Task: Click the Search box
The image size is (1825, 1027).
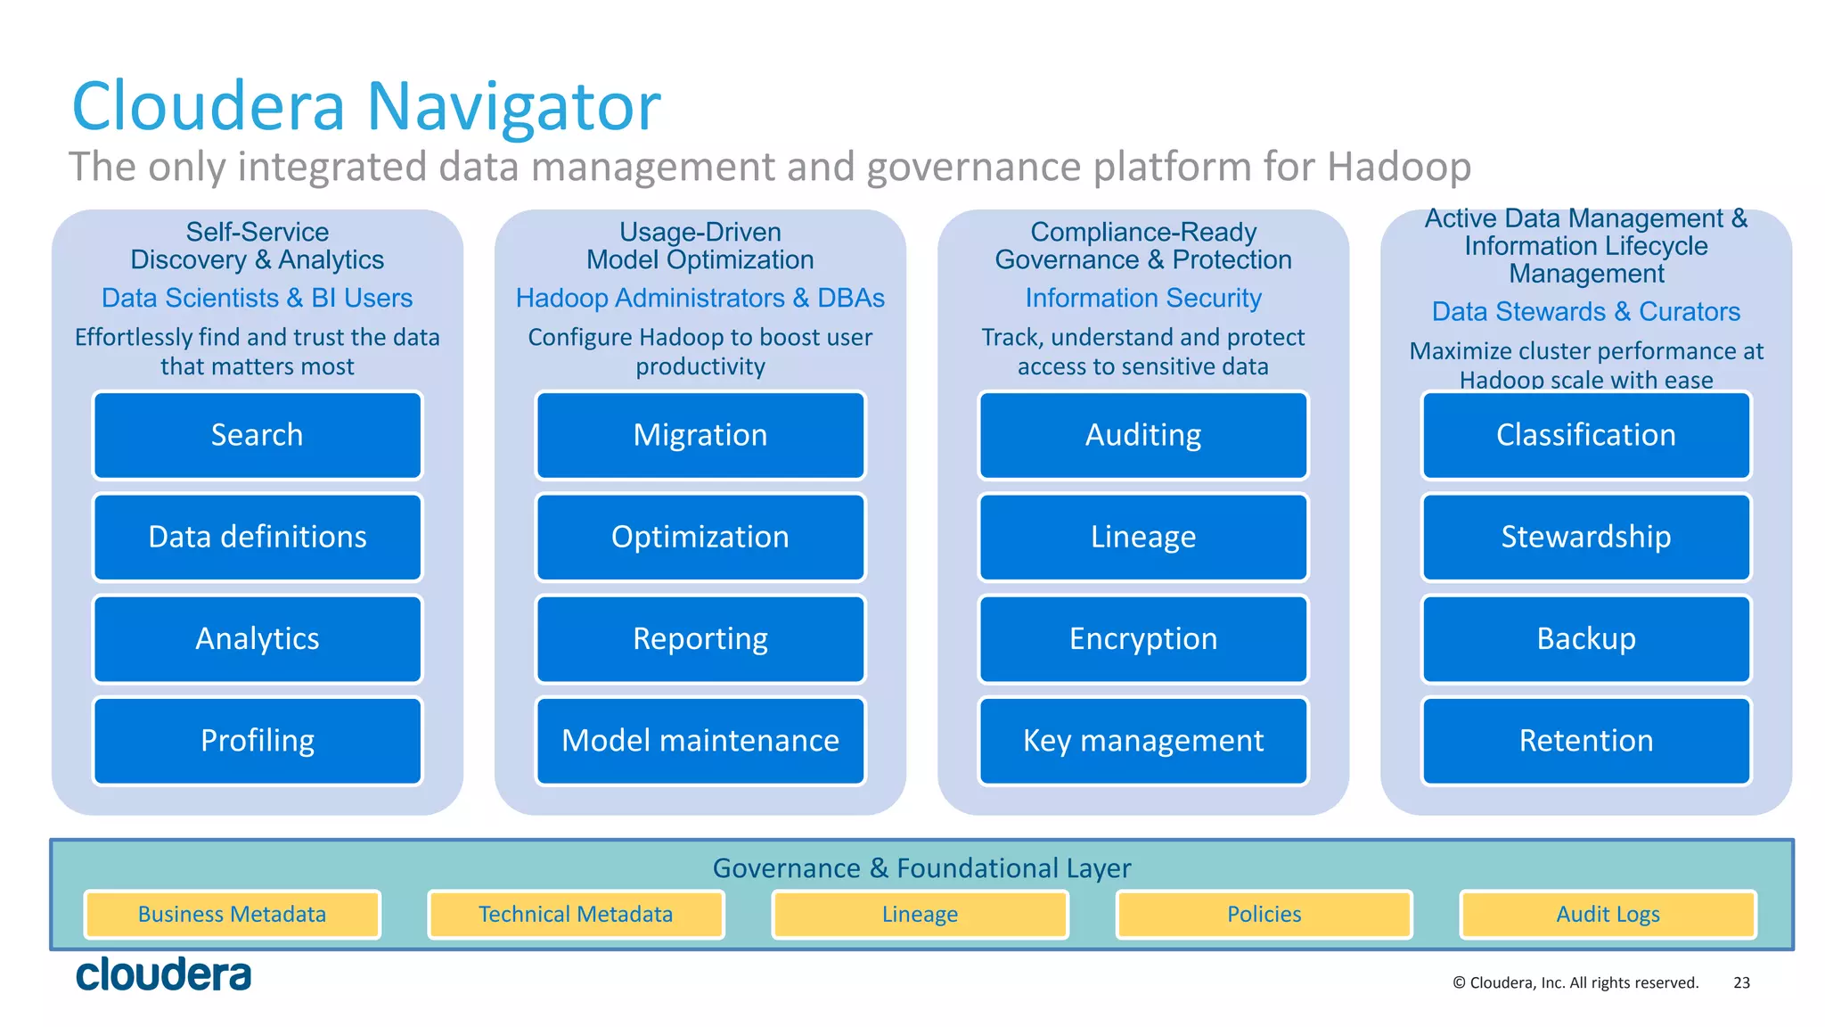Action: point(257,435)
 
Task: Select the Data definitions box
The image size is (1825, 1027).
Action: point(257,537)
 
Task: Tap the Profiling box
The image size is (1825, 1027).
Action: point(257,741)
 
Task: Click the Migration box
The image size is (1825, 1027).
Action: point(700,435)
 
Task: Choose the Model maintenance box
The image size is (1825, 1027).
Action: point(700,741)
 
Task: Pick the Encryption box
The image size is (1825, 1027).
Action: point(1142,638)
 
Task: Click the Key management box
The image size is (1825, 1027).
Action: point(1142,741)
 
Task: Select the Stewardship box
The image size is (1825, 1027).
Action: point(1585,537)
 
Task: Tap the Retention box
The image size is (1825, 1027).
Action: point(1585,741)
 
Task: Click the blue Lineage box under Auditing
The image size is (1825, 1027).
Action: point(1142,537)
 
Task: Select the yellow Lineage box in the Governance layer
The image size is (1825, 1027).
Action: point(920,915)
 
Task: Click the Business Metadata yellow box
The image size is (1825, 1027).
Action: point(232,915)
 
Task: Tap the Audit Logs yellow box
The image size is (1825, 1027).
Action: point(1608,915)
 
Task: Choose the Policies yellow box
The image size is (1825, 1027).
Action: point(1264,915)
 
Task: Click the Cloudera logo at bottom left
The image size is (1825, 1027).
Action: point(164,974)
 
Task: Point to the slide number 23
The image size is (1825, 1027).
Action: point(1741,982)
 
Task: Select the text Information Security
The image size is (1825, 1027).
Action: point(1142,298)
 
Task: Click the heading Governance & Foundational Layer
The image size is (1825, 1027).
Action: point(921,867)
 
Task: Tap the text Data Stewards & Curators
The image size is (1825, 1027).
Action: point(1585,311)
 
